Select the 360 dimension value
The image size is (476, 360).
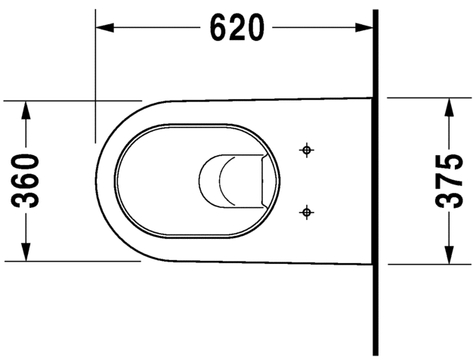pos(28,181)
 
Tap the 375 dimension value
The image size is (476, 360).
pos(450,182)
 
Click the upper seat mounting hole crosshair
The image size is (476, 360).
pos(306,150)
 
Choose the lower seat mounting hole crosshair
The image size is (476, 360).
pos(306,213)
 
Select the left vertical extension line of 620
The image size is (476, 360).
pos(95,76)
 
